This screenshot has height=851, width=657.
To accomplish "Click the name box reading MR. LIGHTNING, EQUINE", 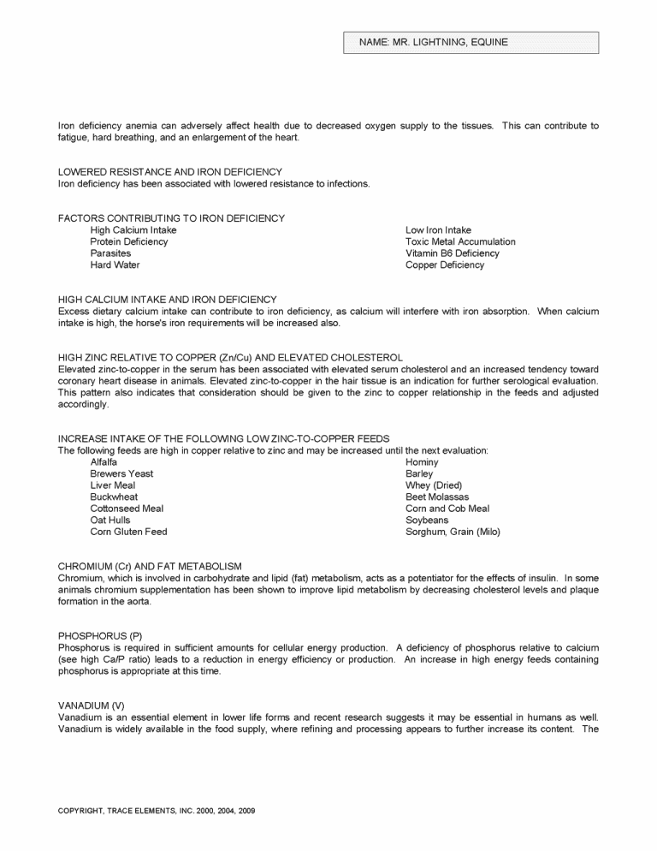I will [471, 42].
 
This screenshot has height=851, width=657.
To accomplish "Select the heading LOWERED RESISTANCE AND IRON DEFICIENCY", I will [169, 172].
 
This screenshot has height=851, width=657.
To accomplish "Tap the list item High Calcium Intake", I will [133, 230].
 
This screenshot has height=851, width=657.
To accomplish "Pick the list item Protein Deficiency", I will [129, 241].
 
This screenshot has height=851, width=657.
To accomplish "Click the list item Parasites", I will [111, 253].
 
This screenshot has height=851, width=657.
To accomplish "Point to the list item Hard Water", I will [115, 265].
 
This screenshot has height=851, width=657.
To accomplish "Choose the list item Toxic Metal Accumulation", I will [460, 241].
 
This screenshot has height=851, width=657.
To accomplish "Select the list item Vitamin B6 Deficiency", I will [453, 253].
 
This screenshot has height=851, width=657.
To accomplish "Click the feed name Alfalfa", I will [105, 462].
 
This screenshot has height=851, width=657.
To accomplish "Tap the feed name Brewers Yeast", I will [122, 473].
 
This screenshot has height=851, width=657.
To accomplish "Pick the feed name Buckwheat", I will [114, 497].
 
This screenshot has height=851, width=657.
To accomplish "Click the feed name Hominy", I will [422, 462].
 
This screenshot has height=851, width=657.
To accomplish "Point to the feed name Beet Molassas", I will [437, 497].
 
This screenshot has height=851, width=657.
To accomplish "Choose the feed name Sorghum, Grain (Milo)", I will [453, 532].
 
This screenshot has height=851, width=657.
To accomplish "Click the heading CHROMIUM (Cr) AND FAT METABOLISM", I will [150, 567].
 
